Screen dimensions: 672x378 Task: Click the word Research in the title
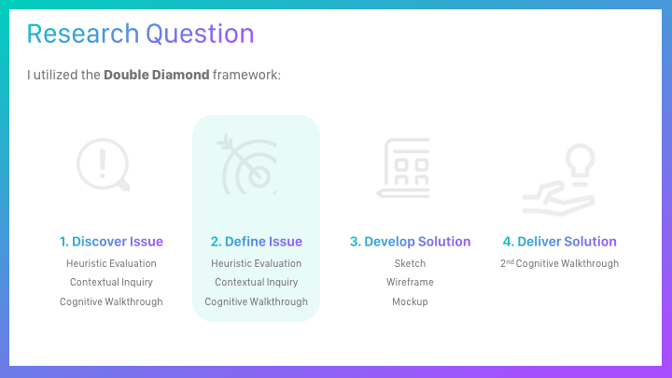(83, 34)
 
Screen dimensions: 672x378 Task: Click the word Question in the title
(200, 35)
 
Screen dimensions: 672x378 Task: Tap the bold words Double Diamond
(157, 75)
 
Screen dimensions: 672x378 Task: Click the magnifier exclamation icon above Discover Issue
(103, 164)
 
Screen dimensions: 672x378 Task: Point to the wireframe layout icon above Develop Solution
(403, 168)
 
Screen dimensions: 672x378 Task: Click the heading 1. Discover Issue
(111, 242)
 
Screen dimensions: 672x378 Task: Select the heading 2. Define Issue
(257, 242)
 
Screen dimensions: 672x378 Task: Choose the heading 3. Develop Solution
(410, 242)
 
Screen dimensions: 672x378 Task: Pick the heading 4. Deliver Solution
(559, 242)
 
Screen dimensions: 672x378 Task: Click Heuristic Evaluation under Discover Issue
(111, 263)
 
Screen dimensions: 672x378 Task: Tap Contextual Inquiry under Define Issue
(257, 283)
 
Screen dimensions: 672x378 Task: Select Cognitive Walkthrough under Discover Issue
(111, 301)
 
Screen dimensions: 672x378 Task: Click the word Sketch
(410, 263)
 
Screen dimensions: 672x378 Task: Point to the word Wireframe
(410, 282)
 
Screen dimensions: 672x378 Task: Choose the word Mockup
(410, 301)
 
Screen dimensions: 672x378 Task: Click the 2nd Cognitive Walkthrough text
(559, 263)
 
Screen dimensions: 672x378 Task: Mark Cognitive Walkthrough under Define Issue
(257, 301)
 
